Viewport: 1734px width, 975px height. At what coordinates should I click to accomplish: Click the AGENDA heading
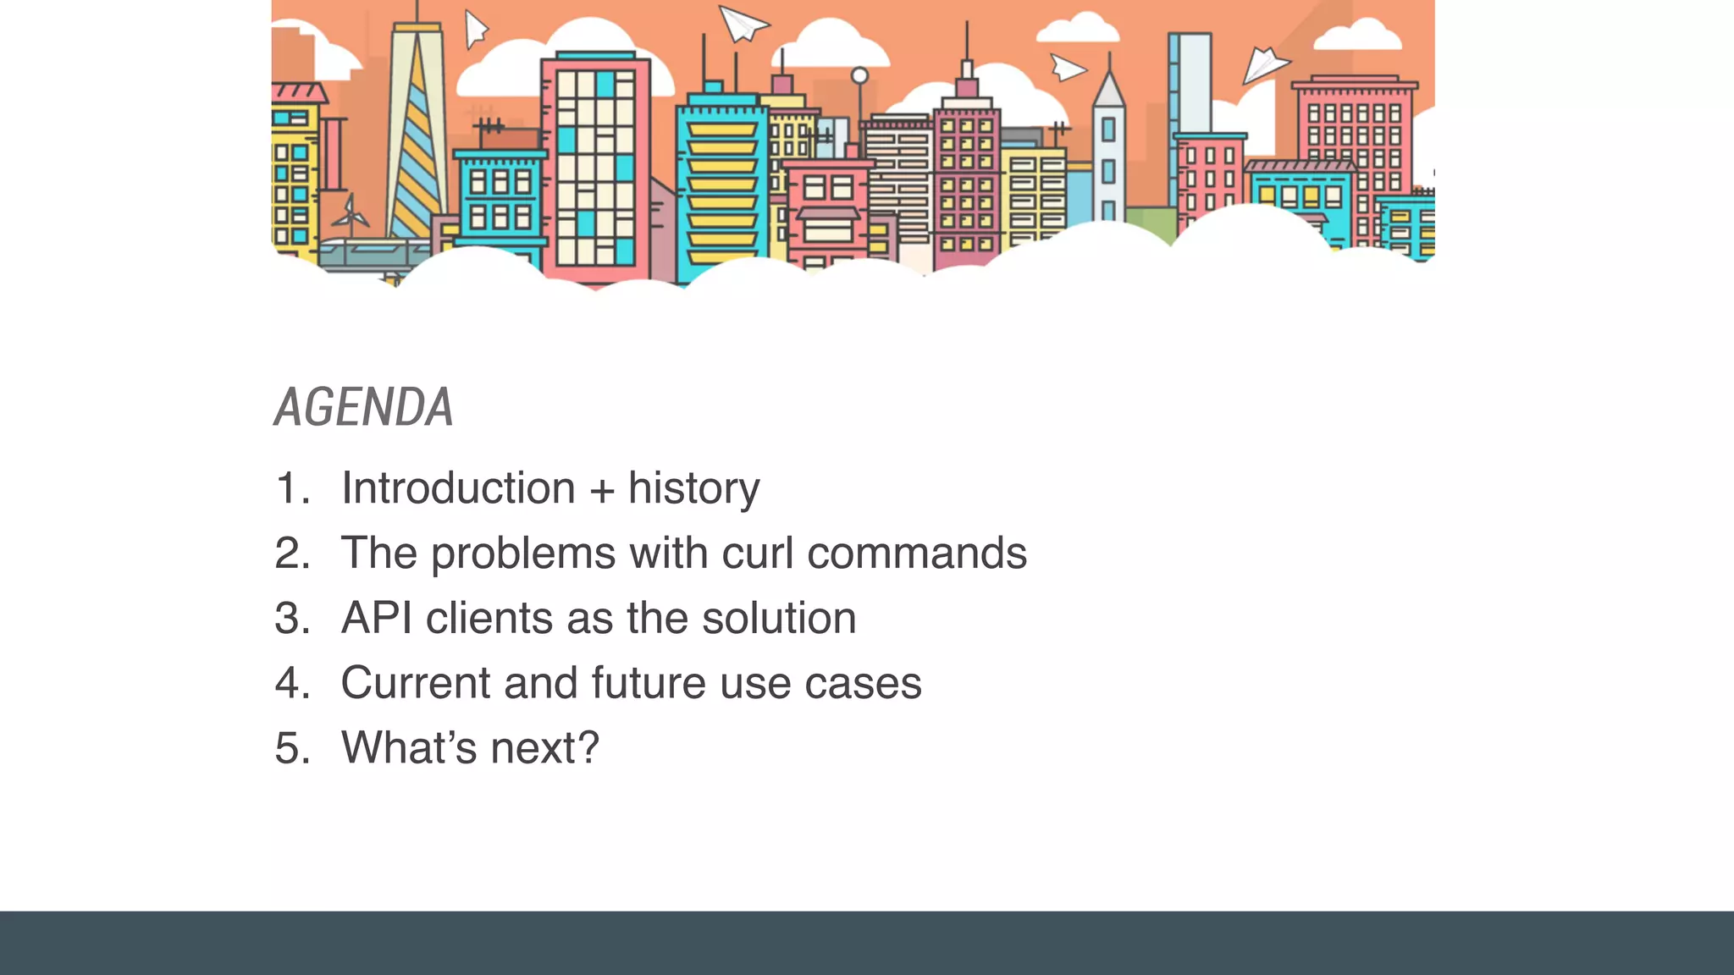pos(363,408)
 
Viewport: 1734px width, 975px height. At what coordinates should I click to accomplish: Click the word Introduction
pos(458,488)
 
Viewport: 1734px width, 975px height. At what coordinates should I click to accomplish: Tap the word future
pos(648,683)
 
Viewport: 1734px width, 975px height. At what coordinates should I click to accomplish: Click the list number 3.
pos(290,618)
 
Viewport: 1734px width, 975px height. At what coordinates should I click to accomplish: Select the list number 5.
pos(290,748)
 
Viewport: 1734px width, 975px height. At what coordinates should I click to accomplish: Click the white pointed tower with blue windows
pos(1108,152)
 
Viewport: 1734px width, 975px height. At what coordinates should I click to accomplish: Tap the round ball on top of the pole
pos(859,75)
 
